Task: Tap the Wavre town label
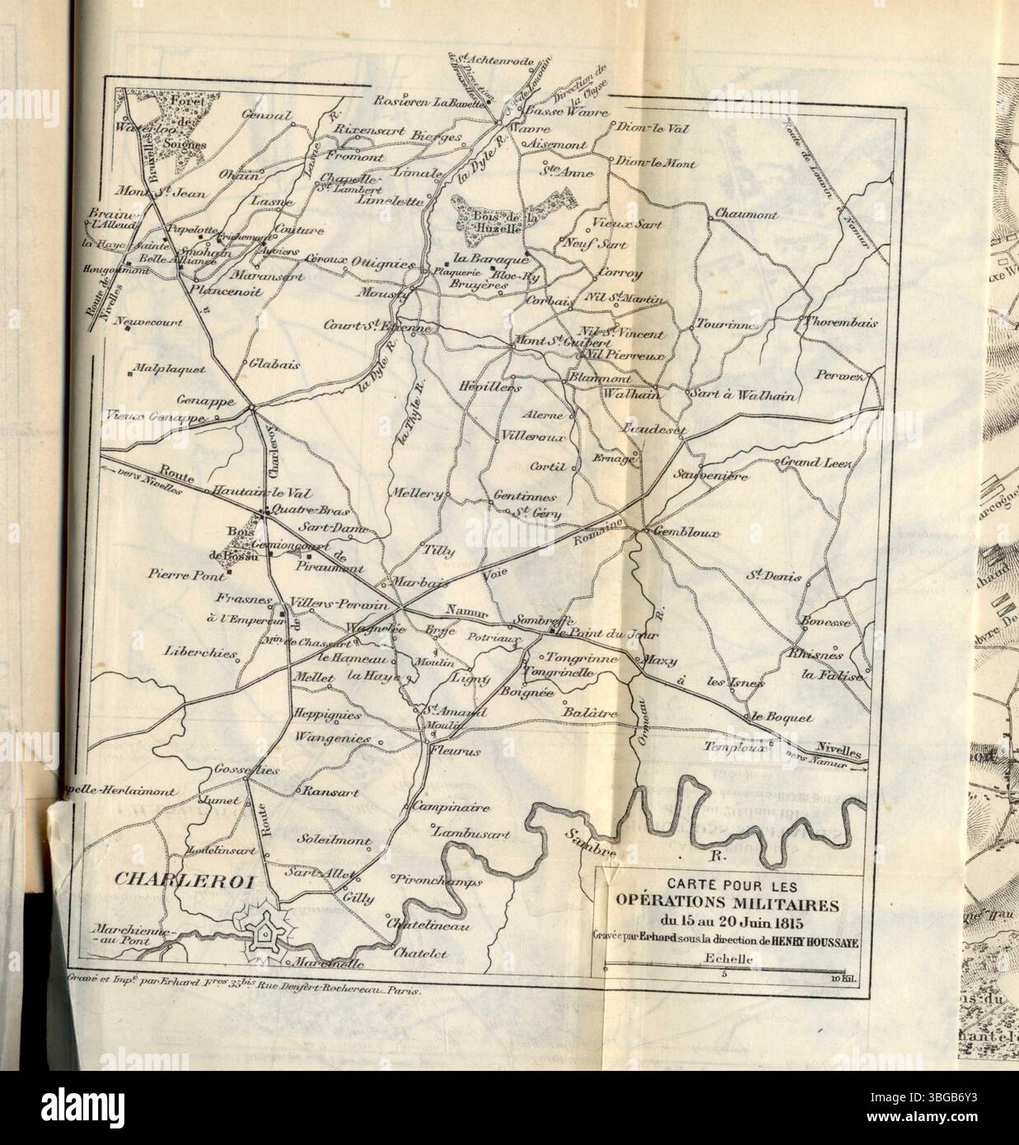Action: (537, 129)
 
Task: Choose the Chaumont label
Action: (746, 213)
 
